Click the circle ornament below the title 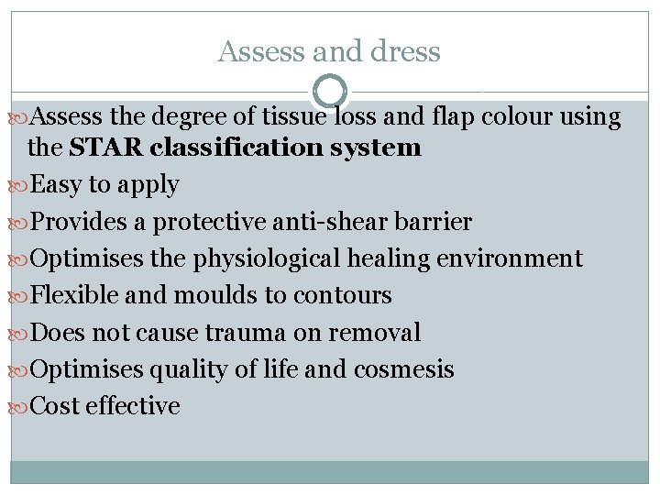(x=330, y=92)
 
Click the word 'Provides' (x=76, y=223)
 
